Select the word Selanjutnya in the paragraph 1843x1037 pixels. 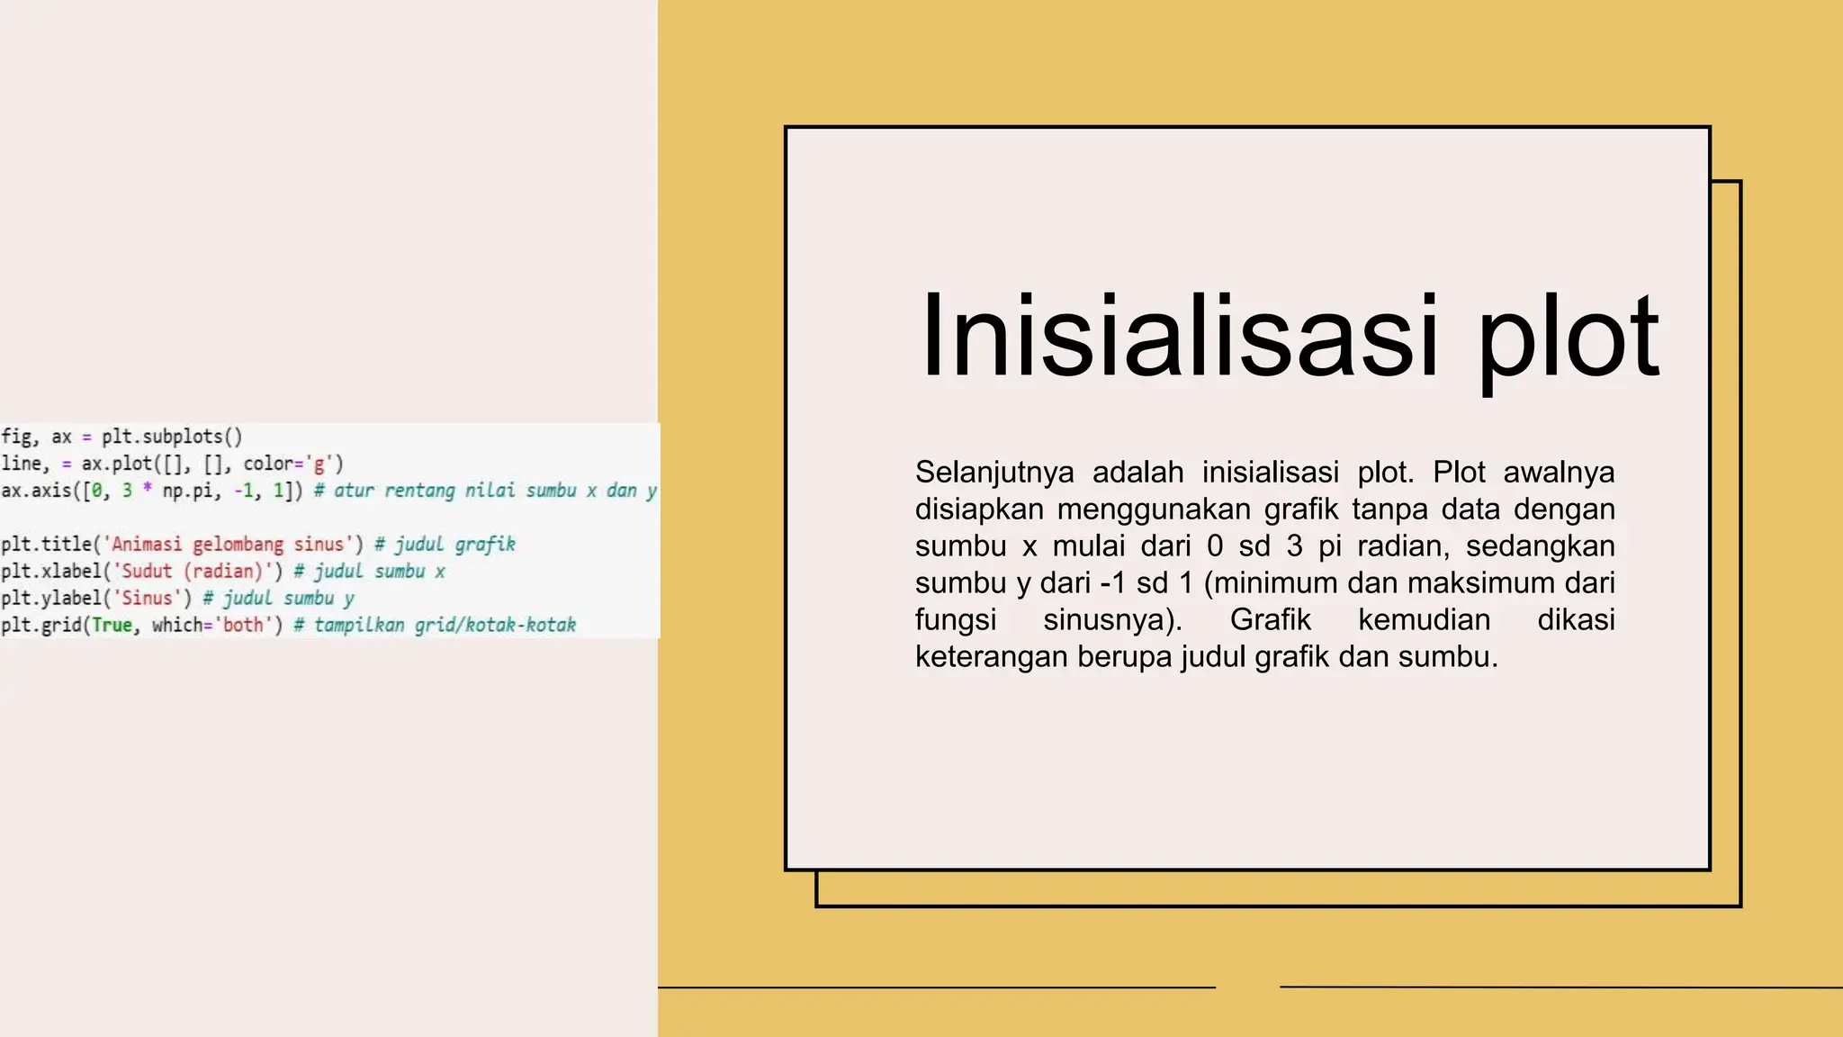pyautogui.click(x=994, y=472)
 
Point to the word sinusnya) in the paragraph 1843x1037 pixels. pyautogui.click(x=1112, y=619)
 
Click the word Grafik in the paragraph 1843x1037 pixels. pyautogui.click(x=1270, y=619)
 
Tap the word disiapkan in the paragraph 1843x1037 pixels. pyautogui.click(x=980, y=509)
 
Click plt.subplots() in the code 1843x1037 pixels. pyautogui.click(x=172, y=437)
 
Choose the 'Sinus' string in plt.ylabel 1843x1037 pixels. pyautogui.click(x=147, y=598)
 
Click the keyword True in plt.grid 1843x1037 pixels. pyautogui.click(x=112, y=625)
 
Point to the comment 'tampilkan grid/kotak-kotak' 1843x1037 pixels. pyautogui.click(x=445, y=625)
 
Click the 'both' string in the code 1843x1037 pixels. pyautogui.click(x=243, y=625)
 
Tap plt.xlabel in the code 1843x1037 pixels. pyautogui.click(x=50, y=571)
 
